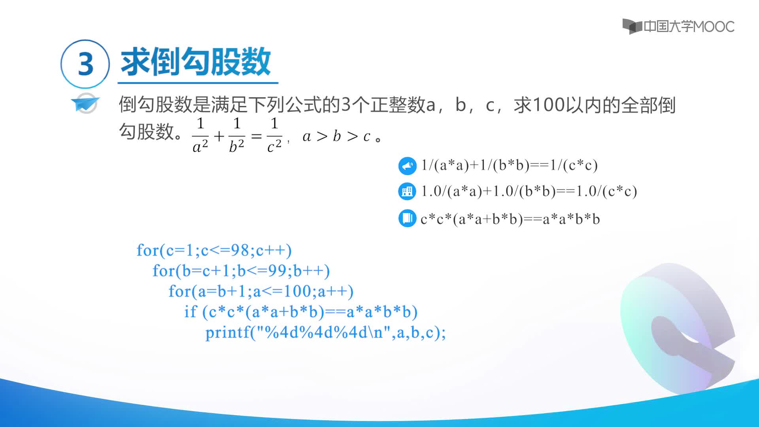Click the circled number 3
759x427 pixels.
(x=85, y=64)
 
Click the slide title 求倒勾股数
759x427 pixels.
(x=196, y=62)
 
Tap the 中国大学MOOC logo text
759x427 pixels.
(x=689, y=26)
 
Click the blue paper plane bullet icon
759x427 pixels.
(x=85, y=103)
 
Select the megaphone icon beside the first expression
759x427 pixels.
(x=407, y=166)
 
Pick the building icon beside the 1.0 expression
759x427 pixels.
(x=407, y=192)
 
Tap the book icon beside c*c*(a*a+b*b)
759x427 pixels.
(x=407, y=218)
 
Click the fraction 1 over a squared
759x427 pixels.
(x=200, y=135)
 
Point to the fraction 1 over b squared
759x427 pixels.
(x=237, y=135)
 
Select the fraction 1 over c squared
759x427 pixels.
(x=274, y=135)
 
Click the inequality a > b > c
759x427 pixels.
(x=336, y=136)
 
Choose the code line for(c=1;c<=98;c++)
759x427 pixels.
(x=214, y=250)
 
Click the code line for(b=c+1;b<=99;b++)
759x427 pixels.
(x=241, y=271)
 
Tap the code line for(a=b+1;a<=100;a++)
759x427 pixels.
(x=261, y=291)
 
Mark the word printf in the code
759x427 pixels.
(x=227, y=333)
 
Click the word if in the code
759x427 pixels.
(x=190, y=312)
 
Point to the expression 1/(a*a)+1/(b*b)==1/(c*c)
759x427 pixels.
(x=509, y=165)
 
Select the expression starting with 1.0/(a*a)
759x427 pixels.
(x=529, y=191)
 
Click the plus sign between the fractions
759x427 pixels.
(x=219, y=136)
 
